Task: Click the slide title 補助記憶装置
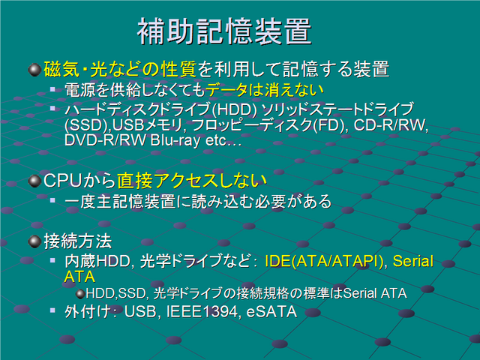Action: [224, 31]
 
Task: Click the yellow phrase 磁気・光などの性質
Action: [120, 69]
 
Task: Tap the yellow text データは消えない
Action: [265, 90]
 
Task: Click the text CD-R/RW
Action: [390, 125]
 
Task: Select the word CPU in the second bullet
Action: [63, 181]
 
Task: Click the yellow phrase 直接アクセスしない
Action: [192, 181]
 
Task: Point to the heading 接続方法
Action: [78, 241]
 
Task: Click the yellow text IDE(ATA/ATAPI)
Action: [324, 261]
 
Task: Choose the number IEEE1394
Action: [202, 312]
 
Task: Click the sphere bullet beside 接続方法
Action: [34, 241]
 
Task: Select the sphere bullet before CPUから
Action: [34, 181]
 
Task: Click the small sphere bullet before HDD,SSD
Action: [80, 294]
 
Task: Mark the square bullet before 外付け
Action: [52, 310]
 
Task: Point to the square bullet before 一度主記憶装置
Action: [52, 200]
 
